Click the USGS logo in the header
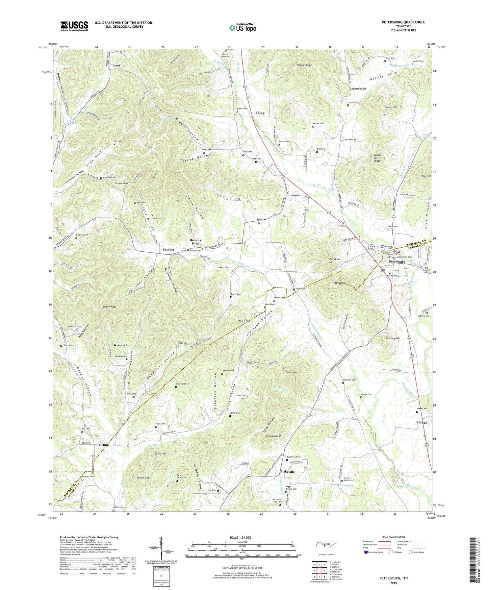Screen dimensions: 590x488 click(74, 26)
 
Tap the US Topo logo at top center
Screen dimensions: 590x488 click(242, 28)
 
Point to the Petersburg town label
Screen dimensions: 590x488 click(397, 262)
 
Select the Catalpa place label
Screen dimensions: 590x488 click(168, 250)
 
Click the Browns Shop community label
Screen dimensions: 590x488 click(195, 242)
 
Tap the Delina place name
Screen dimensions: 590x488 click(104, 445)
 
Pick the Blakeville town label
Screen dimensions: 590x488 click(287, 472)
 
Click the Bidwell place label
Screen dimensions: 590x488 click(422, 423)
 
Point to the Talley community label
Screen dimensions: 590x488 click(260, 113)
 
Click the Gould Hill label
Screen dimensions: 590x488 click(291, 372)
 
